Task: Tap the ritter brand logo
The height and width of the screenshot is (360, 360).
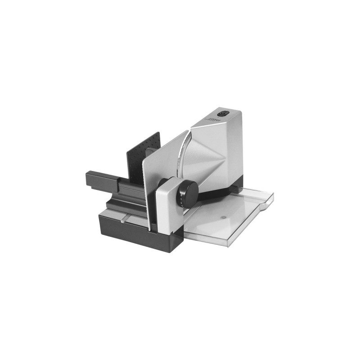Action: tap(215, 119)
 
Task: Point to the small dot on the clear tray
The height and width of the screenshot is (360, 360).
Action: tap(224, 217)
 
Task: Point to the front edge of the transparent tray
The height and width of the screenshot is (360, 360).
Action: tap(225, 241)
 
